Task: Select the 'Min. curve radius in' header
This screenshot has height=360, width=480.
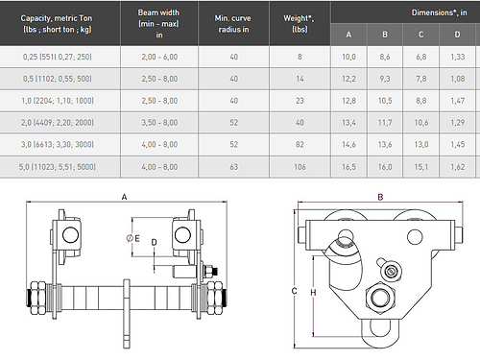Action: pos(233,24)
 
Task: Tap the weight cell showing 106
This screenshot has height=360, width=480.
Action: pos(300,167)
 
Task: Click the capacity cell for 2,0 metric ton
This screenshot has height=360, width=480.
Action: pos(58,123)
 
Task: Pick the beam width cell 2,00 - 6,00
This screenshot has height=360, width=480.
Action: pos(159,57)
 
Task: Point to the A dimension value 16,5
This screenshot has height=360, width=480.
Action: pos(348,167)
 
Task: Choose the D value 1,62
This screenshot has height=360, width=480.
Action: pos(458,167)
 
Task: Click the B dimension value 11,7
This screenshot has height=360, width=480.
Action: pos(385,123)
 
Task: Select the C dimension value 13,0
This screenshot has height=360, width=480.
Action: pos(421,145)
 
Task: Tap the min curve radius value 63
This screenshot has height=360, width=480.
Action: pos(233,167)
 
